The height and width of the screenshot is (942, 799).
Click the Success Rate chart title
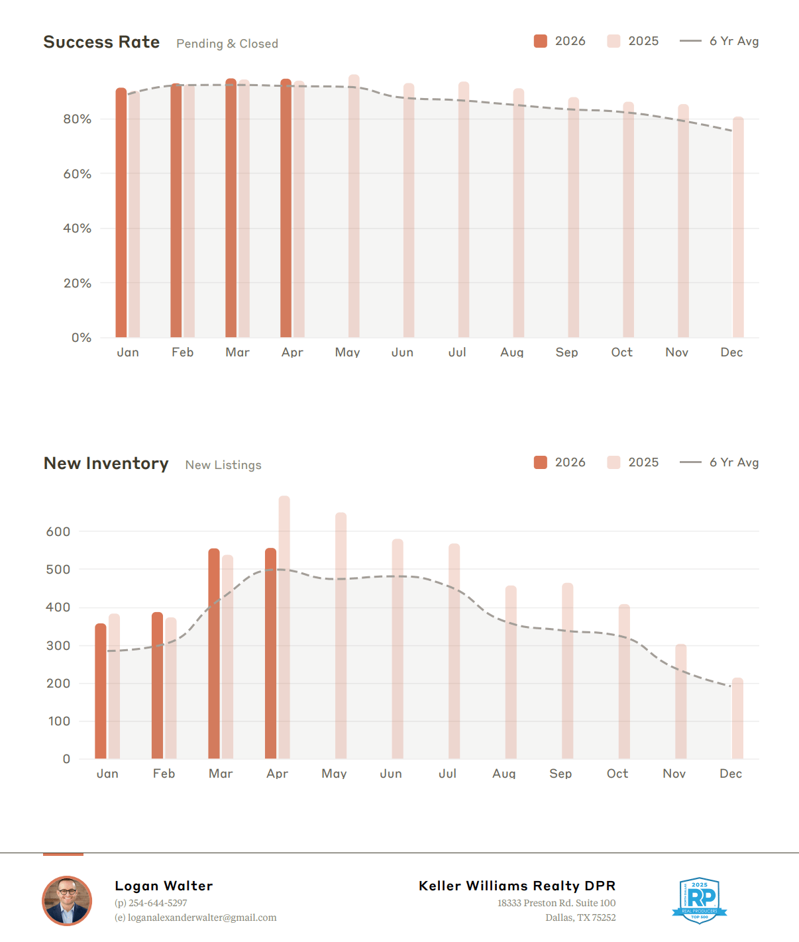pos(101,42)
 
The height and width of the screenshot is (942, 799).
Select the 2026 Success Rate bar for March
pos(231,208)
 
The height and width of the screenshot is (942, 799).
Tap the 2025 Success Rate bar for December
pos(738,227)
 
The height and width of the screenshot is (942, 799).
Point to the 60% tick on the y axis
pos(77,174)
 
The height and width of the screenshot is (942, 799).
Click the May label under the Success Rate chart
pos(347,352)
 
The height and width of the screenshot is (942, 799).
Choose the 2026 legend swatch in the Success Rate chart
pos(540,41)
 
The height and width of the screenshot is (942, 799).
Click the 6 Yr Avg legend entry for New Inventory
pos(719,462)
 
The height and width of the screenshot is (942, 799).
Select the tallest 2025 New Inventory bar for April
pos(284,627)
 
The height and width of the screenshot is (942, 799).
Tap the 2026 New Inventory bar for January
pos(100,691)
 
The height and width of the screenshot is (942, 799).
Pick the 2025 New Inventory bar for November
pos(680,702)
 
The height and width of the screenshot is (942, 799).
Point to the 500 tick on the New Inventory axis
pos(58,569)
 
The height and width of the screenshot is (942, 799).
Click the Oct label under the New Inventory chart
pos(617,773)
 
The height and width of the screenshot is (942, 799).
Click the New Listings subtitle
pos(223,465)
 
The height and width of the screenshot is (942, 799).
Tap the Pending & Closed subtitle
pos(227,44)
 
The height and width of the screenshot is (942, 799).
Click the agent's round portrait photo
pos(67,900)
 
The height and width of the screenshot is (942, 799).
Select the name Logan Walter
pos(164,886)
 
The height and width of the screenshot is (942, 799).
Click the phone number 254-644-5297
pos(158,903)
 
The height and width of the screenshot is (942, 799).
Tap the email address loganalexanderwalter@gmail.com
pos(202,917)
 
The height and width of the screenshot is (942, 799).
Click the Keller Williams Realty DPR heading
pos(517,886)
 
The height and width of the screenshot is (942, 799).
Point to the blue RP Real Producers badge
pos(700,900)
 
